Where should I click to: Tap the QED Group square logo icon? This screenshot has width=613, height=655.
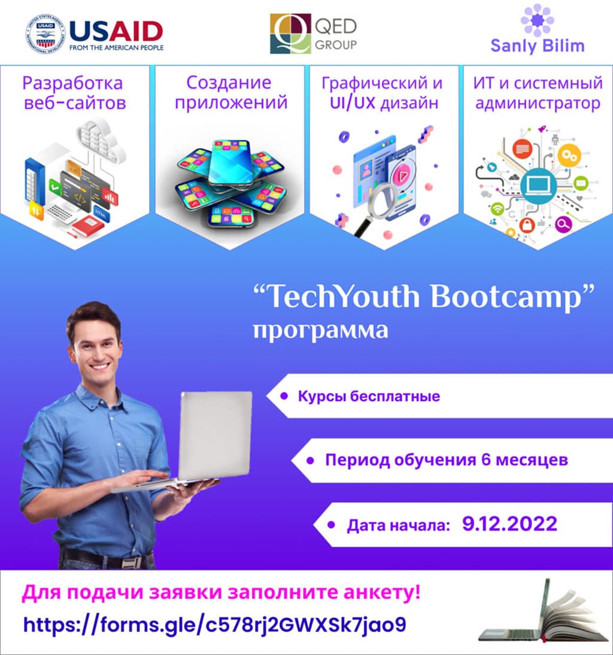pos(290,33)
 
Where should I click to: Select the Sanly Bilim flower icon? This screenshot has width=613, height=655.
pos(537,19)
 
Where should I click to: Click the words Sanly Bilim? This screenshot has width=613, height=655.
pos(537,45)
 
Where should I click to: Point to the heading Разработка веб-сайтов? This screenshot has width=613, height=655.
pos(75,92)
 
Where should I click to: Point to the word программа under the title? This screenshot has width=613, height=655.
pos(320,330)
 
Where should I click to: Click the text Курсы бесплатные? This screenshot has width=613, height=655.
pos(369,396)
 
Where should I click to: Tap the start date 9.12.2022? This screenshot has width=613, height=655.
pos(509,525)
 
